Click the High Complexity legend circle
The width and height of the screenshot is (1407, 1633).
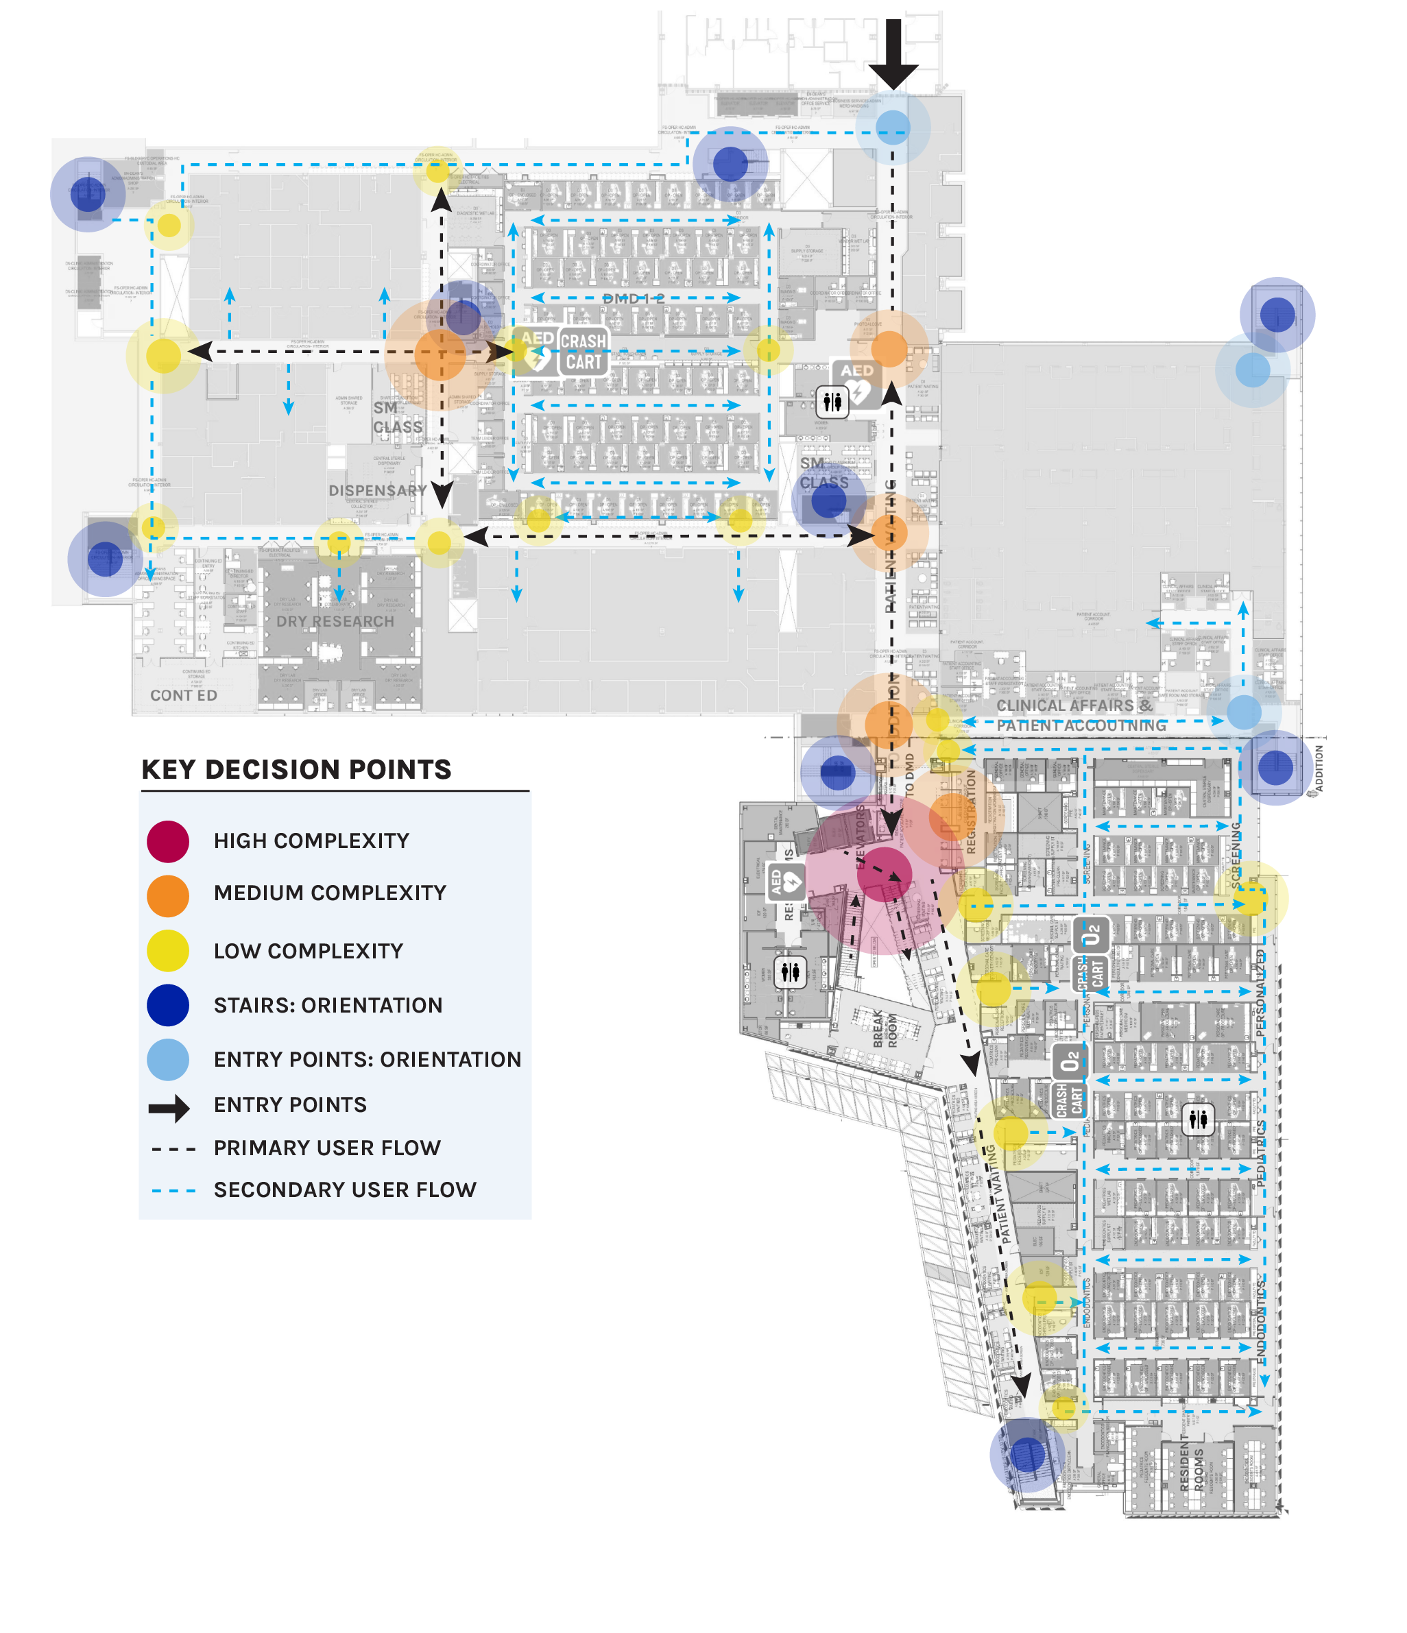click(168, 841)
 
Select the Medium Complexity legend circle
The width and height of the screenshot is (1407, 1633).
click(168, 895)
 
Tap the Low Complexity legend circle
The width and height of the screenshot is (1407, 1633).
click(168, 949)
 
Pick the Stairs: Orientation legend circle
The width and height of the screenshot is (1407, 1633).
click(168, 1005)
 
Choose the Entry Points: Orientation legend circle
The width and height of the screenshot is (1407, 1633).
click(168, 1059)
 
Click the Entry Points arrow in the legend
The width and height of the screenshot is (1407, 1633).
click(169, 1108)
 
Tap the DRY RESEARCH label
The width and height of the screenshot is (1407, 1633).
click(335, 621)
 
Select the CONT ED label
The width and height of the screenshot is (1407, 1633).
click(184, 695)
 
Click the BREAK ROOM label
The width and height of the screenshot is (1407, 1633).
click(885, 1028)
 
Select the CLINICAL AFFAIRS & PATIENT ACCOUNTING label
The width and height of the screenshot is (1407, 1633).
click(1080, 715)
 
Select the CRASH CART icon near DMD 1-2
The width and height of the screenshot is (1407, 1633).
click(584, 352)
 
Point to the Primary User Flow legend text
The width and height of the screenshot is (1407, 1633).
click(326, 1148)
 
